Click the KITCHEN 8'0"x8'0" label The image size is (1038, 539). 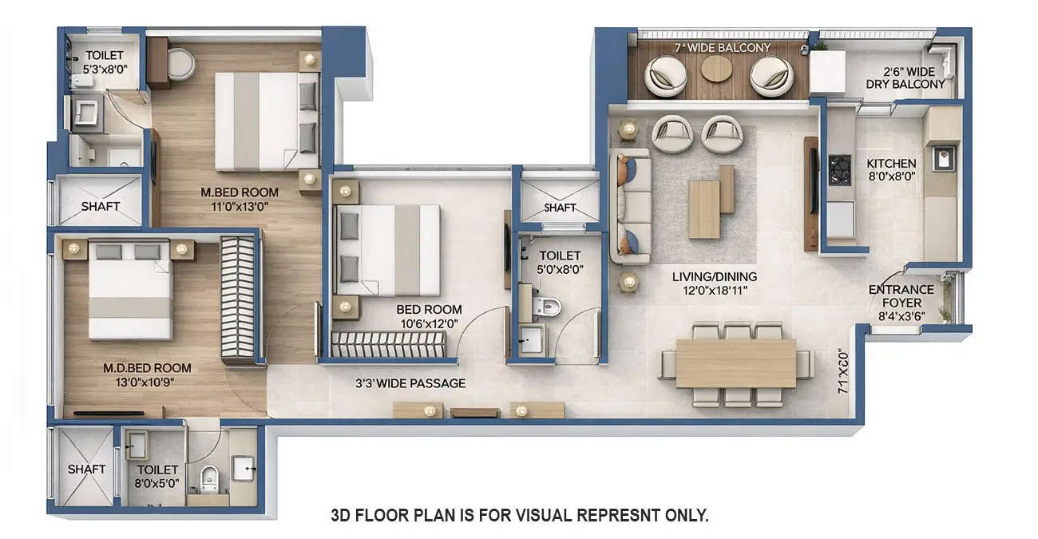(x=891, y=169)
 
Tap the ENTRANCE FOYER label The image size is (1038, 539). (x=901, y=296)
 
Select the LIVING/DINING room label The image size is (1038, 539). (x=714, y=283)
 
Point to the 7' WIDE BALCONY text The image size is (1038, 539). (x=723, y=48)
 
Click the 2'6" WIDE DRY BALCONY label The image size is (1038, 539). (x=905, y=77)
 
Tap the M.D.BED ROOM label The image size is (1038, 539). (x=147, y=375)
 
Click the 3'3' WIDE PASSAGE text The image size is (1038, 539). (x=410, y=383)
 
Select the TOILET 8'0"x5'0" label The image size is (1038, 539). (x=156, y=477)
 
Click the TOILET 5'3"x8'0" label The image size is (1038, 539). (x=105, y=61)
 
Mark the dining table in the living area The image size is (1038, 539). (x=735, y=363)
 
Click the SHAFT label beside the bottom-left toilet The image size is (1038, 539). (x=86, y=469)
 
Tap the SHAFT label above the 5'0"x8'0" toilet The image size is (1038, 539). (x=560, y=208)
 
